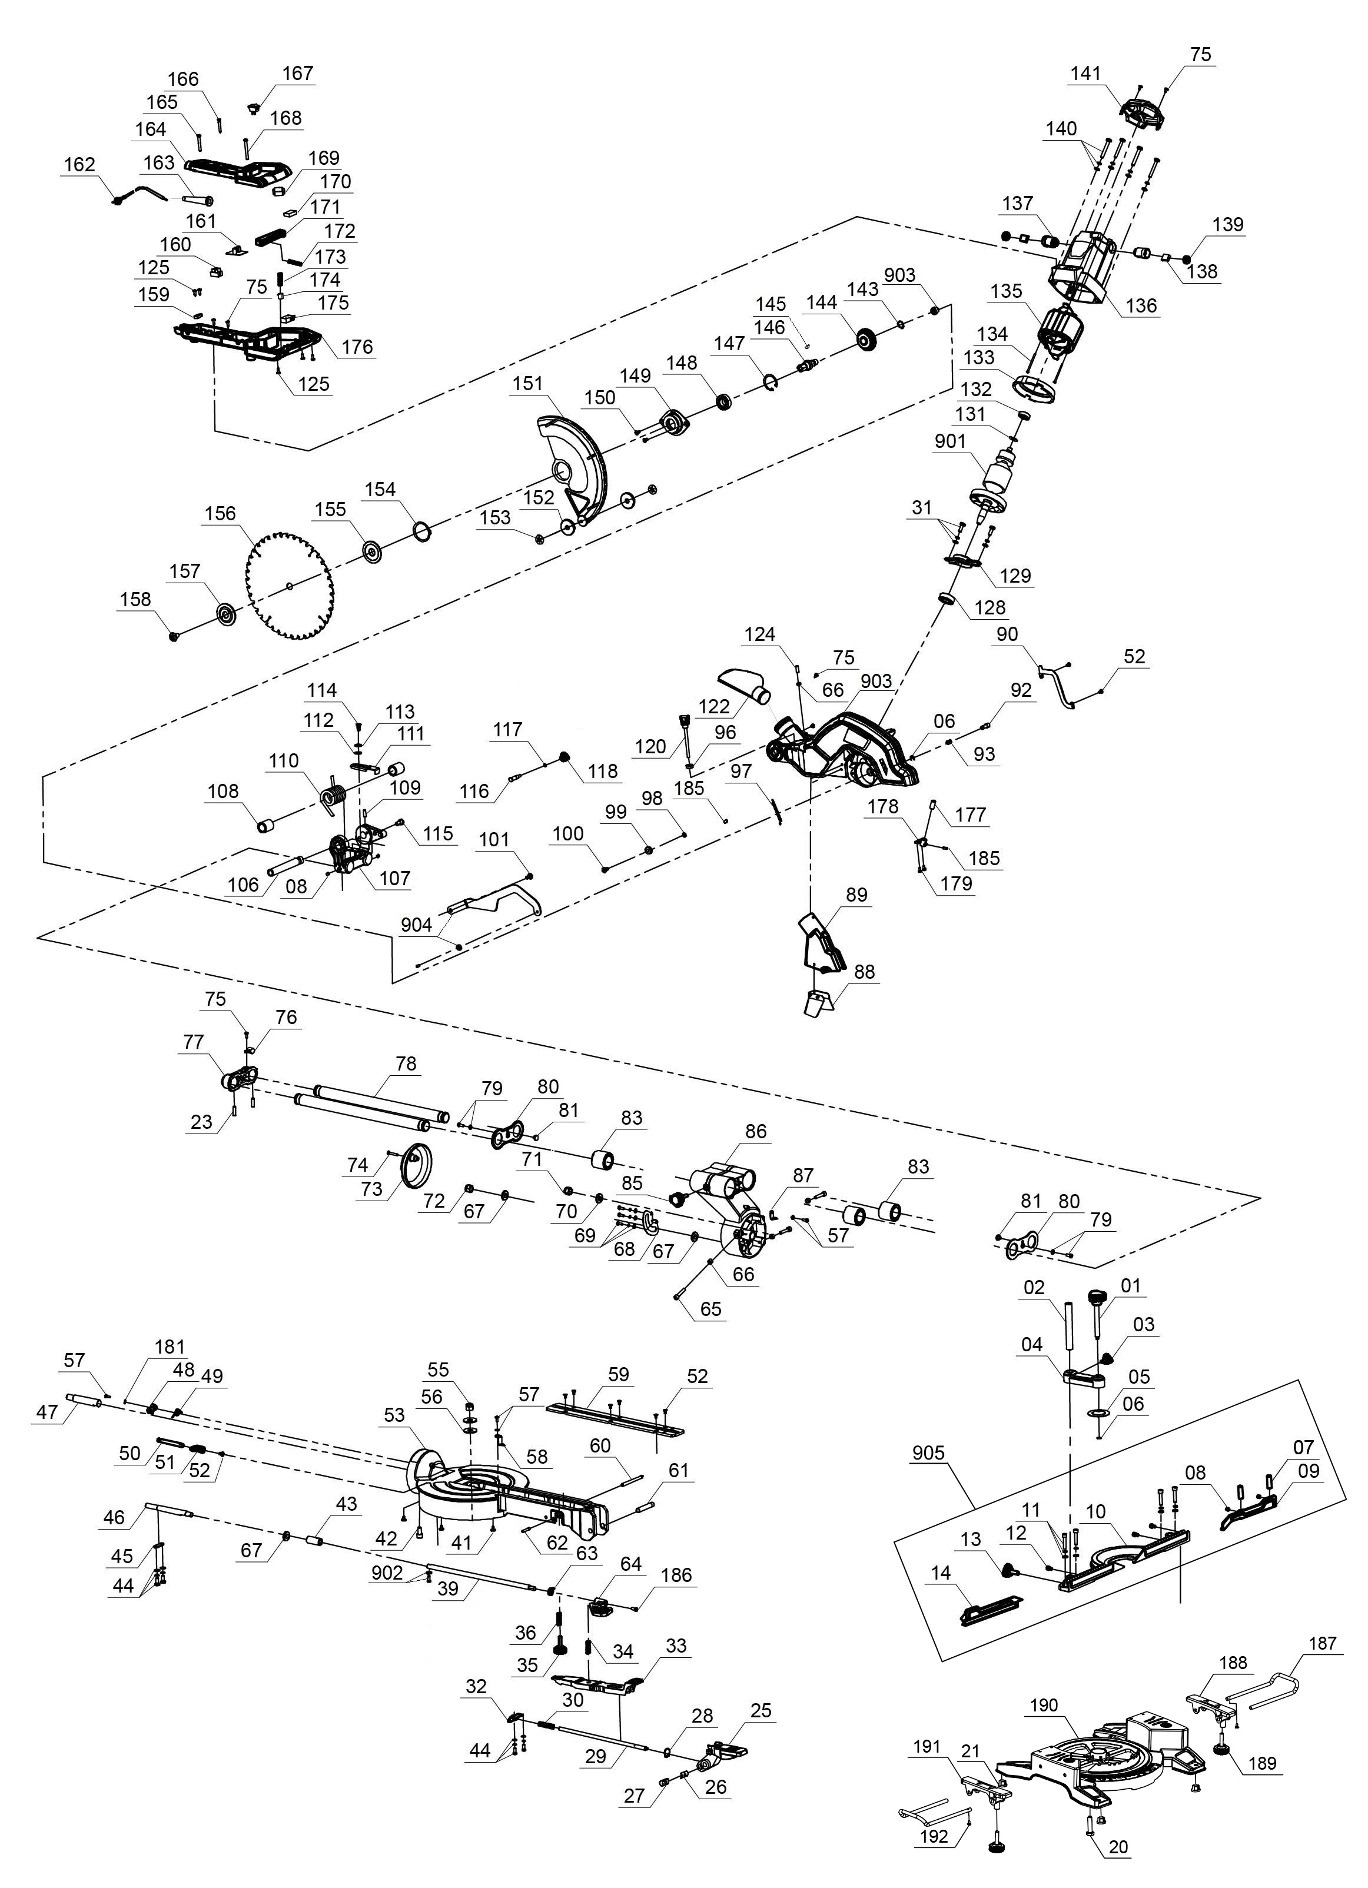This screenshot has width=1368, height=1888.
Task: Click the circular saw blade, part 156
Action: (x=291, y=587)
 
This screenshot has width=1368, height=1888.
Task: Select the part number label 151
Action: (x=527, y=384)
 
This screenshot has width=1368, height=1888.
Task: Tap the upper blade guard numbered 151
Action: (x=575, y=466)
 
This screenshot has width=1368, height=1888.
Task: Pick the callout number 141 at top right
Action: (x=1085, y=73)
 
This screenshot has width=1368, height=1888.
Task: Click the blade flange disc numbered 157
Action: (x=225, y=615)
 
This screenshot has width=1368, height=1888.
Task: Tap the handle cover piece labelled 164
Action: (x=241, y=171)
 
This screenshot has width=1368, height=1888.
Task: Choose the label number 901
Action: (x=950, y=441)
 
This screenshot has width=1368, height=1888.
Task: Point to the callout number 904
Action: (x=416, y=925)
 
